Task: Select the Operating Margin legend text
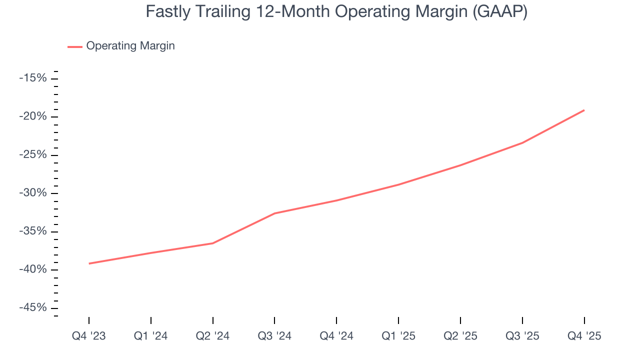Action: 130,46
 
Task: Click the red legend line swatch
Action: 75,46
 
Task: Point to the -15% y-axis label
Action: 33,78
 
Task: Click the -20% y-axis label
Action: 33,116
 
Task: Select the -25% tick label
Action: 33,154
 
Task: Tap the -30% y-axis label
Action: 33,193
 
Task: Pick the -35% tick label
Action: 33,231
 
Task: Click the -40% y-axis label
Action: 33,269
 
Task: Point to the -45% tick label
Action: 33,308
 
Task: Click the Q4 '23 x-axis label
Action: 89,336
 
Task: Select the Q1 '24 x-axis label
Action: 151,336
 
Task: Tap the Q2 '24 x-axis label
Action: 213,336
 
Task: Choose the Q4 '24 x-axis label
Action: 336,336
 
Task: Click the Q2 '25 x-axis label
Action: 460,336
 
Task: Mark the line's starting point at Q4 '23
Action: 89,263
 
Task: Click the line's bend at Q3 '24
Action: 274,213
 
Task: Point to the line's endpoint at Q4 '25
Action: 584,110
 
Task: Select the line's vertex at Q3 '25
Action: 522,143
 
